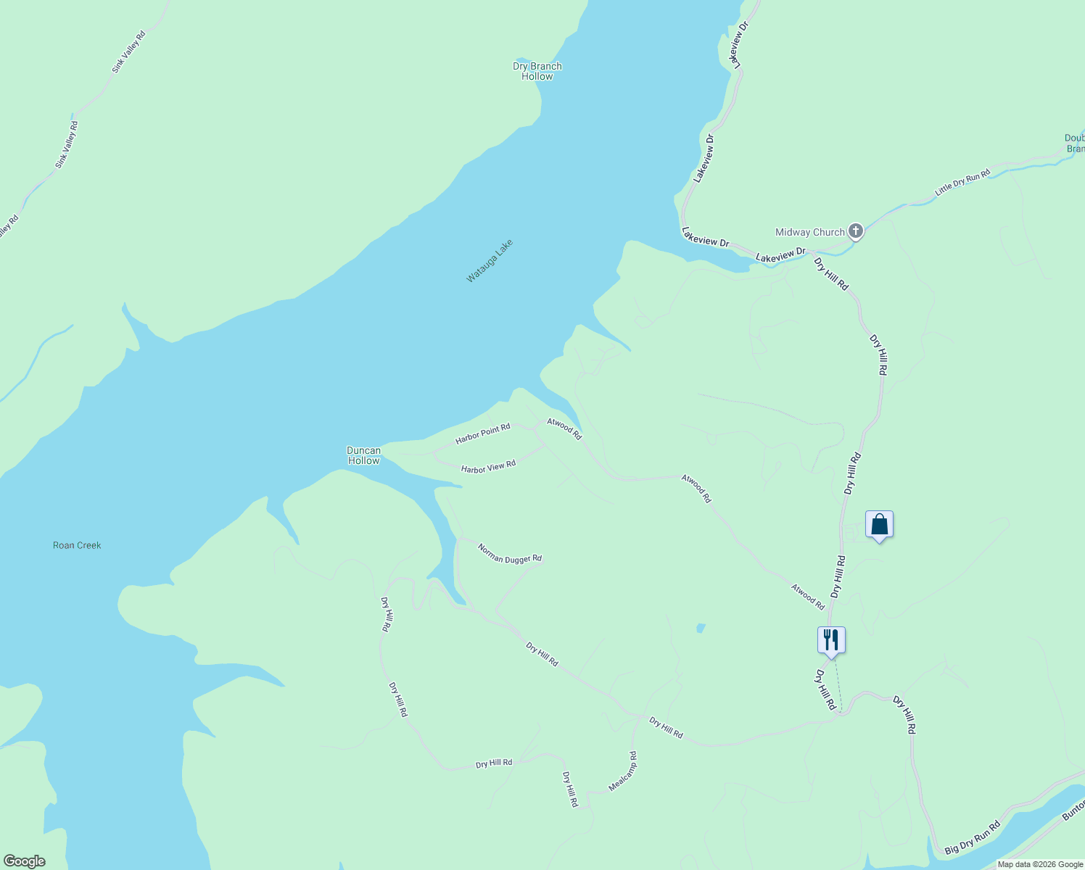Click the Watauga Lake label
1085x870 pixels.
click(490, 260)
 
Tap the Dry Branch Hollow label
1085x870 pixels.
click(537, 71)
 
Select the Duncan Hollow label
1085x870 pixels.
click(363, 455)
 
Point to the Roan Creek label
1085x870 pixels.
click(77, 545)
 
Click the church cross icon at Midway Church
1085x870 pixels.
click(856, 231)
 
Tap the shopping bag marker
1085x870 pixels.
click(879, 525)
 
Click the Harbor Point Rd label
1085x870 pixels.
click(483, 434)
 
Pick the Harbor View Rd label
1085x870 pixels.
click(488, 467)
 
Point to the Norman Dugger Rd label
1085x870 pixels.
click(510, 553)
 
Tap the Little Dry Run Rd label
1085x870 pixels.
click(962, 183)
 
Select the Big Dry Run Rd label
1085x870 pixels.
click(973, 837)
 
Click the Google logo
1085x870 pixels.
click(24, 861)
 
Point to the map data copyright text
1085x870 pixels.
click(1040, 864)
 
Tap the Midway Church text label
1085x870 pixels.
click(809, 232)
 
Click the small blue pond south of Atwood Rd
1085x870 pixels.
click(700, 627)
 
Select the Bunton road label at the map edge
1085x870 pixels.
click(1073, 809)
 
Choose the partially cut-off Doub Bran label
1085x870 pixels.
click(1075, 144)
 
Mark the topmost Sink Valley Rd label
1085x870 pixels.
click(128, 51)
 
